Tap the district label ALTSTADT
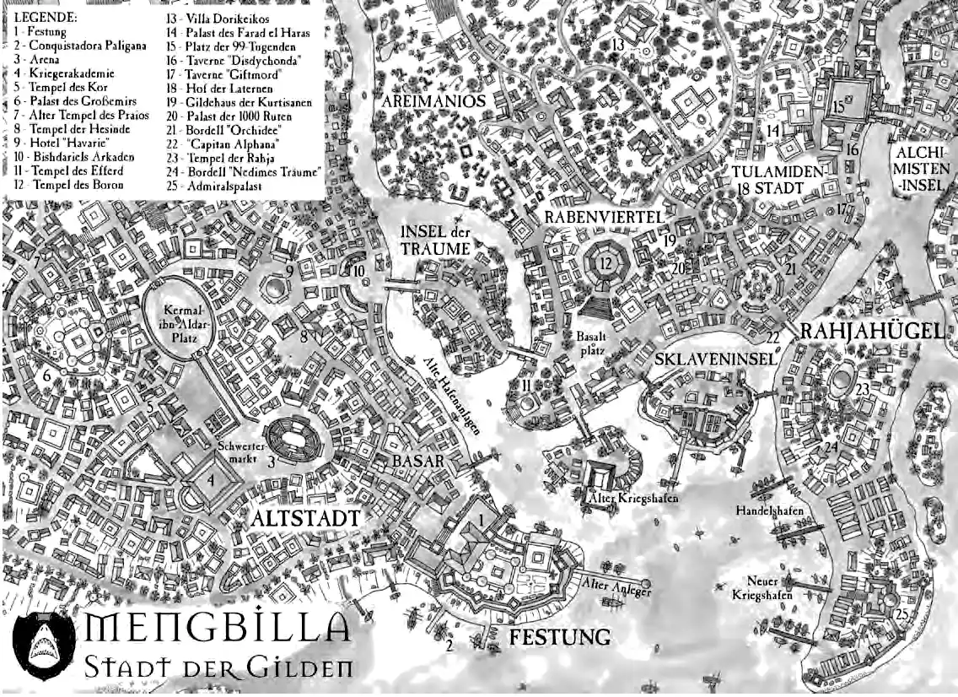point(304,517)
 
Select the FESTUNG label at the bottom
point(559,636)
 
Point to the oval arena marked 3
point(297,437)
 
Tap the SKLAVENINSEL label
point(714,359)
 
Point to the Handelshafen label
point(768,511)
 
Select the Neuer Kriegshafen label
point(762,588)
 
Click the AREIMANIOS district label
point(433,100)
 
